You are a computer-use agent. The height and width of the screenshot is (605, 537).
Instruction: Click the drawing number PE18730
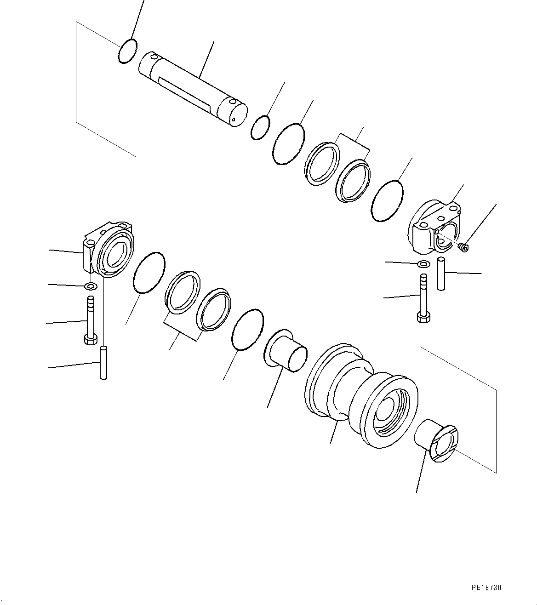coord(486,588)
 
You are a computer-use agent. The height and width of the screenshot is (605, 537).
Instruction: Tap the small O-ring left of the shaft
coord(127,51)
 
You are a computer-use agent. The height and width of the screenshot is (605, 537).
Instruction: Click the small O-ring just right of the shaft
coord(260,127)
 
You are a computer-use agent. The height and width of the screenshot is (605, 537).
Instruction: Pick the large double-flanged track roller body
coord(361,394)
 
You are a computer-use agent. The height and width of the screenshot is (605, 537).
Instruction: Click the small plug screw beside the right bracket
coord(463,248)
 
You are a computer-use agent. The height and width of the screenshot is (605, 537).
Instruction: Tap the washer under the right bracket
coord(423,264)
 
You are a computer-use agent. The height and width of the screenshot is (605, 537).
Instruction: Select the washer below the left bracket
coord(91,287)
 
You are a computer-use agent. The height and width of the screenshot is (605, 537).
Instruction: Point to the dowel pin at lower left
coord(103,363)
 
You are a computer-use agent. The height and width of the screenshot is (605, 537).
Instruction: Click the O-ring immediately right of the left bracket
coord(149,273)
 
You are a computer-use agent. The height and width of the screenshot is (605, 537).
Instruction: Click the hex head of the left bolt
coord(90,339)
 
